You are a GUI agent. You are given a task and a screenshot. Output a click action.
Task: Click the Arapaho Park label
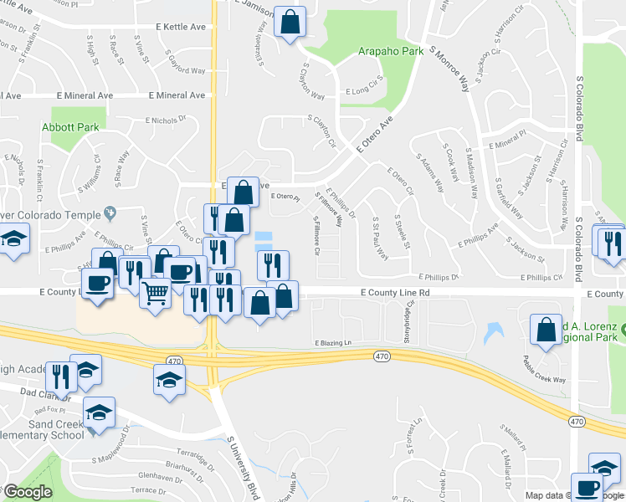click(390, 51)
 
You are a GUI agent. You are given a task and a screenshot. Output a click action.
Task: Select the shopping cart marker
click(155, 294)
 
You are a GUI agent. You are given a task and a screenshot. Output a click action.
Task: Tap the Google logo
click(27, 492)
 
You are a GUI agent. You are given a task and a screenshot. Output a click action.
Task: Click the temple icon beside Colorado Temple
click(108, 212)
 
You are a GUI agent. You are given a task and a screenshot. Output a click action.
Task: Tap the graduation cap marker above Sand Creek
click(99, 412)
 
